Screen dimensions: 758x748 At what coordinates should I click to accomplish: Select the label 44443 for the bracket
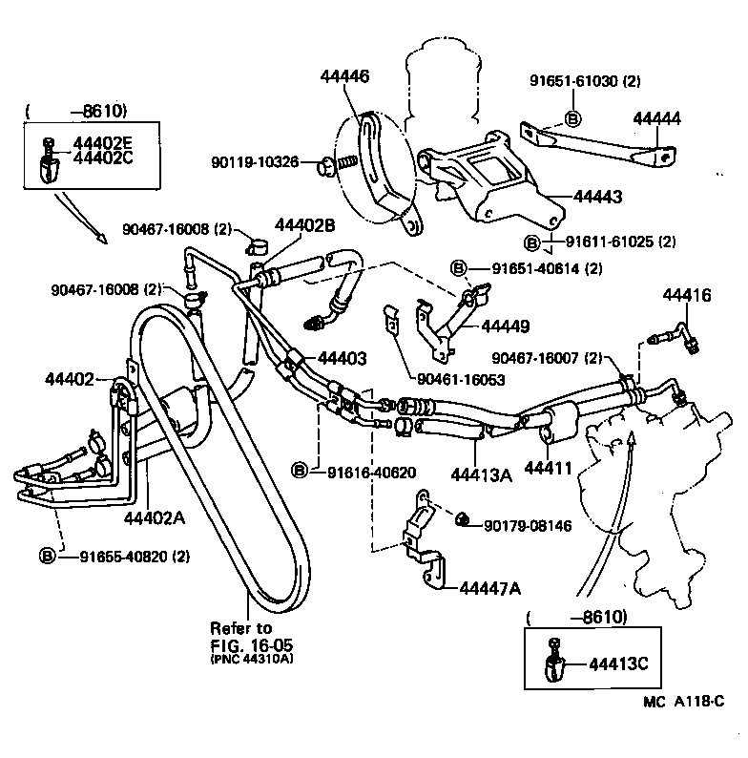pos(598,197)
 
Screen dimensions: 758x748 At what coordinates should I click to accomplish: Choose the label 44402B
pos(305,226)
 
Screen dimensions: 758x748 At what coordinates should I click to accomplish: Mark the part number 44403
pos(342,358)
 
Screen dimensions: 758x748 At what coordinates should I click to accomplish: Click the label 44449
pos(506,326)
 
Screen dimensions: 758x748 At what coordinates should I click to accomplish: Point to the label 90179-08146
pos(530,524)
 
